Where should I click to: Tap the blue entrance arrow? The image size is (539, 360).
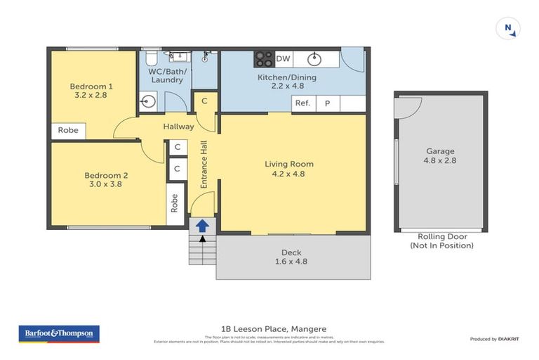pos(201,226)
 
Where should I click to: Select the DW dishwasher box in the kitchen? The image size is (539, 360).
pos(283,58)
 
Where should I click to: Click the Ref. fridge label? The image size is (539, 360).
pos(302,103)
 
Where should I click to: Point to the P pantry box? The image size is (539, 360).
pos(327,103)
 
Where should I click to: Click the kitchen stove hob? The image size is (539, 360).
pos(263,58)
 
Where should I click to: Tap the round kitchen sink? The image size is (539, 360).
pos(314,58)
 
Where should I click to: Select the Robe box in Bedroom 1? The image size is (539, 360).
pos(68,130)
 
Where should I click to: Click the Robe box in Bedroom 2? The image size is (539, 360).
pos(174,203)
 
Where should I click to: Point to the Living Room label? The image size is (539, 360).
pos(289,164)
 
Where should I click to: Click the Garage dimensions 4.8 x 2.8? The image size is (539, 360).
pos(440,160)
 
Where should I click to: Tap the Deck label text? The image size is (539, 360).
pos(291,252)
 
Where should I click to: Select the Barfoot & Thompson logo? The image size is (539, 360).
pos(59,334)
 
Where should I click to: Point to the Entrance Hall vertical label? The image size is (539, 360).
pos(204,164)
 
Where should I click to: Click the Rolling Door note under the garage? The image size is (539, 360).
pos(441,241)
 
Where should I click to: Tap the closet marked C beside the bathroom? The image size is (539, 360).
pos(204,101)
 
